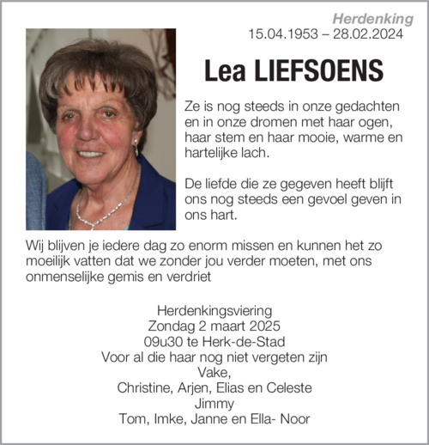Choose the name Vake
point(214,372)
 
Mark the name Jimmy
point(214,403)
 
